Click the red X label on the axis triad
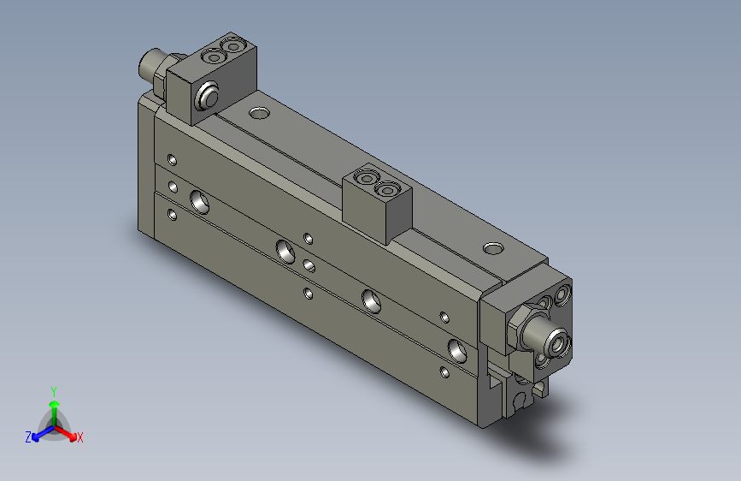tap(80, 437)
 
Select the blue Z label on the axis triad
tap(28, 436)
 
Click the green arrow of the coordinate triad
tap(54, 407)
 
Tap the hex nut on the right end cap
tap(523, 330)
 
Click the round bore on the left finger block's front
tap(205, 97)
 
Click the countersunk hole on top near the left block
tap(257, 111)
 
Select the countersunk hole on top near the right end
tap(493, 248)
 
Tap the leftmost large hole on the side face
tap(202, 201)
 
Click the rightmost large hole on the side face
tap(457, 348)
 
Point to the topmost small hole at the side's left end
tap(173, 159)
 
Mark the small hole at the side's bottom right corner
tap(444, 372)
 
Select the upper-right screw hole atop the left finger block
tap(231, 44)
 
